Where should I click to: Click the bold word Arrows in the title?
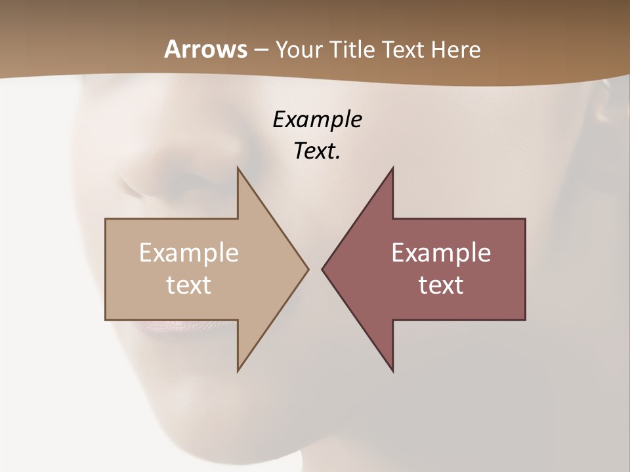pyautogui.click(x=205, y=49)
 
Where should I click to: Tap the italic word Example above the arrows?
pyautogui.click(x=317, y=119)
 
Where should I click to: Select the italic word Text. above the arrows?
pyautogui.click(x=317, y=151)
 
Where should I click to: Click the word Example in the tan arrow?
pyautogui.click(x=189, y=253)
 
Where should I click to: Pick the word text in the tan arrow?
pyautogui.click(x=189, y=285)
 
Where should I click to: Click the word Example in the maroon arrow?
pyautogui.click(x=441, y=253)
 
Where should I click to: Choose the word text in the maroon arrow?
pyautogui.click(x=441, y=285)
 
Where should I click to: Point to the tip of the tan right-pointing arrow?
pyautogui.click(x=308, y=269)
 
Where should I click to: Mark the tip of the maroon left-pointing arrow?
pyautogui.click(x=322, y=269)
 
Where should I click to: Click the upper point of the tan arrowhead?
pyautogui.click(x=238, y=168)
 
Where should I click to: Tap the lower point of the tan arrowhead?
pyautogui.click(x=238, y=371)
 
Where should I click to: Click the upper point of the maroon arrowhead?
pyautogui.click(x=392, y=168)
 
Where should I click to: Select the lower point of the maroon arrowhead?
pyautogui.click(x=392, y=371)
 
